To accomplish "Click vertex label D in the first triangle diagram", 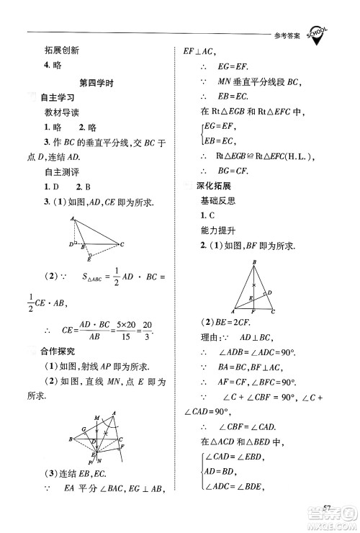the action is pos(71,244).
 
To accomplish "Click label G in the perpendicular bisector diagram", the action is pos(84,429).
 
